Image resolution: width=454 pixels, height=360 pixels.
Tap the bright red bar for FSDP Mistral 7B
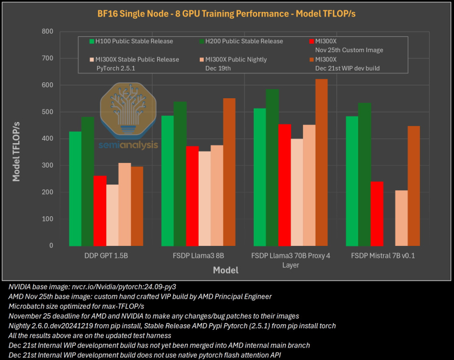[377, 214]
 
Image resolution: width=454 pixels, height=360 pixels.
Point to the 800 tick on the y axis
[47, 31]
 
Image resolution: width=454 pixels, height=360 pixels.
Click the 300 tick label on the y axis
[47, 165]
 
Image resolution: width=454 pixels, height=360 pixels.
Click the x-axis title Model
[225, 270]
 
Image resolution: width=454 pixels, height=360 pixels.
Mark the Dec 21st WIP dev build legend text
[347, 68]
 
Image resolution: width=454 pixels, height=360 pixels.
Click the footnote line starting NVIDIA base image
[96, 287]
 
